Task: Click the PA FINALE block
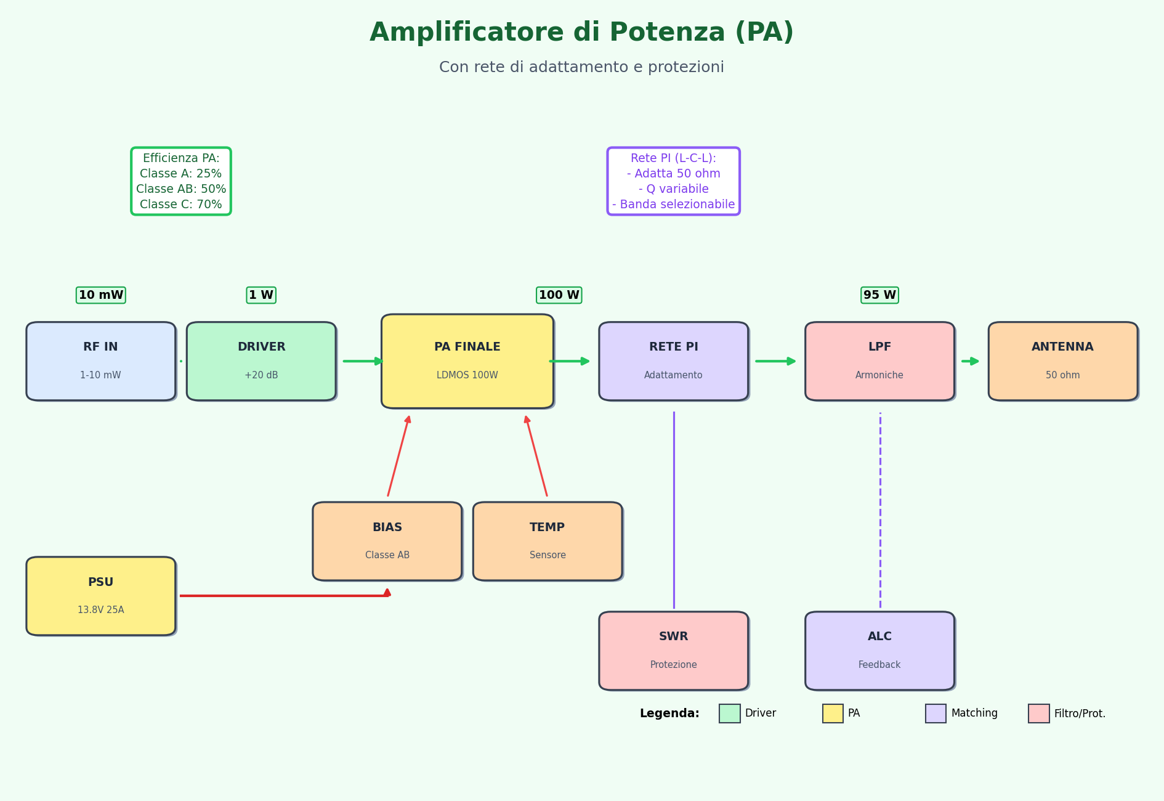tap(467, 361)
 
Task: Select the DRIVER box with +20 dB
tap(261, 361)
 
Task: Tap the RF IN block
tap(100, 361)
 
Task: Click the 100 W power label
tap(559, 295)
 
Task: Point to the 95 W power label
tap(879, 295)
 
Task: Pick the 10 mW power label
tap(100, 295)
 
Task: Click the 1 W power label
tap(261, 295)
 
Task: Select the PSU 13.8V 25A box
tap(100, 596)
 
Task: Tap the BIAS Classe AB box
tap(387, 541)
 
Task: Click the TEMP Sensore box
tap(548, 541)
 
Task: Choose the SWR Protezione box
tap(673, 651)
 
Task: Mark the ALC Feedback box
tap(879, 651)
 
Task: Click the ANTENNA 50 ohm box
tap(1062, 361)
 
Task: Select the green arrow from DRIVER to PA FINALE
tap(363, 361)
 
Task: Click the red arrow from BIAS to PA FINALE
tap(398, 456)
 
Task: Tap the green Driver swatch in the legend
tap(729, 714)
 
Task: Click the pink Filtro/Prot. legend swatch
tap(1038, 714)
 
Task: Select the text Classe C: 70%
tap(180, 205)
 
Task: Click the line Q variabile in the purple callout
tap(673, 189)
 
